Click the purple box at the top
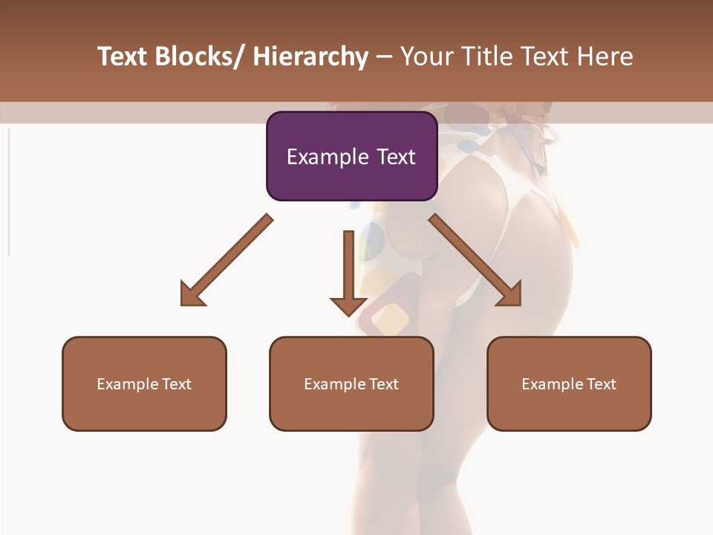coord(351,156)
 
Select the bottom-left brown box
coord(144,383)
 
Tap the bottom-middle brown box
coord(351,383)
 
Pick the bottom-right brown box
coord(569,383)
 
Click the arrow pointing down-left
coord(227,260)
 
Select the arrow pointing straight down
coord(348,271)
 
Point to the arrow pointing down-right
coord(475,260)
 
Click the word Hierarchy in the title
coord(310,56)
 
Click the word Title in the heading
coord(490,56)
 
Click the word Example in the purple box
coord(323,157)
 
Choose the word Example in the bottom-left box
coord(128,384)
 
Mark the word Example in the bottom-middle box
coord(335,384)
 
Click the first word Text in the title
coord(122,56)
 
